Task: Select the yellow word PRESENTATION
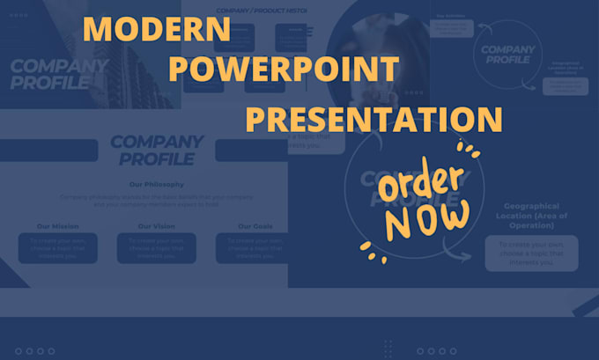tap(373, 119)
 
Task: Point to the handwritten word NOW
tap(428, 222)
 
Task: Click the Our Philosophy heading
tap(156, 184)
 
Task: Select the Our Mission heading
tap(56, 226)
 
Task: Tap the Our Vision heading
tap(156, 226)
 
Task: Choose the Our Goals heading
tap(255, 226)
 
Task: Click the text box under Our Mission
tap(57, 247)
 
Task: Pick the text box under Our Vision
tap(156, 247)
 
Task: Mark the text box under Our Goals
tap(255, 247)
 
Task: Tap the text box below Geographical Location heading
tap(531, 253)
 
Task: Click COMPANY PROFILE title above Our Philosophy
tap(156, 150)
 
